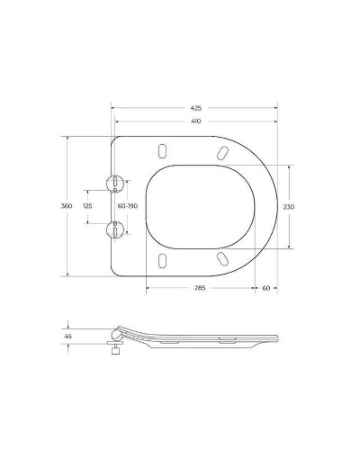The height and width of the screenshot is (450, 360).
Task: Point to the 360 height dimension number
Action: click(67, 206)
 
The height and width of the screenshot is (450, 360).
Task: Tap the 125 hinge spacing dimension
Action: click(87, 206)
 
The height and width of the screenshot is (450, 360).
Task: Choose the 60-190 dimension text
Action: click(128, 206)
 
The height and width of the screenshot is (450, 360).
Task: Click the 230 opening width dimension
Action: click(289, 206)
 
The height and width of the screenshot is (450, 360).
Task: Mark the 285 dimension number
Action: click(199, 287)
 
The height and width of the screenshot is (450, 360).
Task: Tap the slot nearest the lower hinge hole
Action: click(161, 262)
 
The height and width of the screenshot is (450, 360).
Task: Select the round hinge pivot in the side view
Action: click(112, 337)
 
